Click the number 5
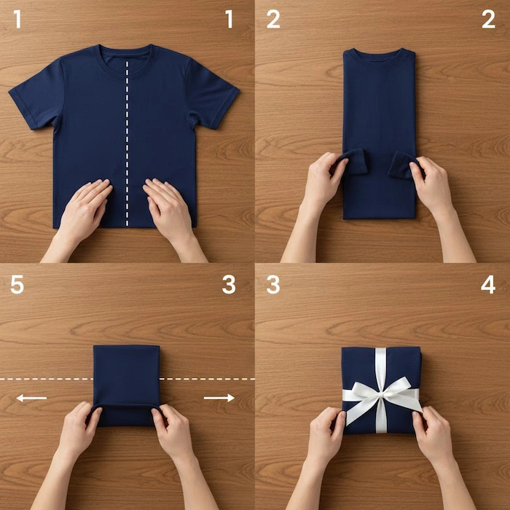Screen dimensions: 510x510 pos(17,284)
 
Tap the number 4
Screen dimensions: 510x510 pos(488,284)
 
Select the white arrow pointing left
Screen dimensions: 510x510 pos(31,398)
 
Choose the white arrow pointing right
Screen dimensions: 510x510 pos(219,398)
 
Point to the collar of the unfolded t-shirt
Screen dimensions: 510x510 pos(125,62)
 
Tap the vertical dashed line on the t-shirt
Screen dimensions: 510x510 pos(127,144)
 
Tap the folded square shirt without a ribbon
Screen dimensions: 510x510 pos(127,385)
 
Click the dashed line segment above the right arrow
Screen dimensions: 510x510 pos(208,379)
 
